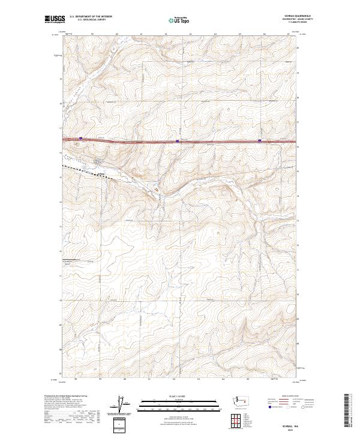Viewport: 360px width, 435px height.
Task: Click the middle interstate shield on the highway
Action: pos(177,141)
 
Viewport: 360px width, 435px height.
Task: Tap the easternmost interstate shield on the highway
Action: pos(259,141)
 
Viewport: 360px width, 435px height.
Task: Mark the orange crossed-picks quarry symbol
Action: pos(158,188)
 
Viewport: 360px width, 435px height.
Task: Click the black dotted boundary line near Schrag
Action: pos(84,170)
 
